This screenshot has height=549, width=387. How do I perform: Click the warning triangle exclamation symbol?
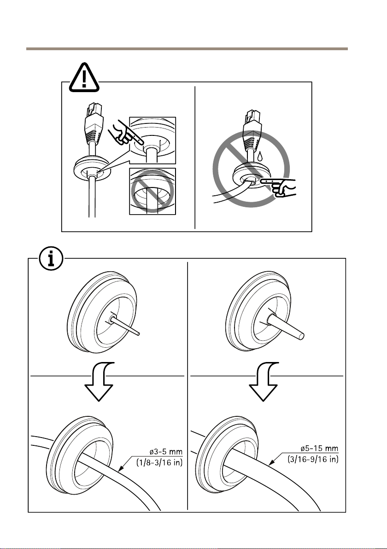point(84,78)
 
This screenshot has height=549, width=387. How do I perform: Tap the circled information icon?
point(51,259)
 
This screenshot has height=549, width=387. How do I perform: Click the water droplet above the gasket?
point(260,157)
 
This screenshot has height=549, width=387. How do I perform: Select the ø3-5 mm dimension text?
point(164,452)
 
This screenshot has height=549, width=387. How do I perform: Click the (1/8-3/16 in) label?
point(160,462)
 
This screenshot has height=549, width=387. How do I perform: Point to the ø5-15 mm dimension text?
point(319,449)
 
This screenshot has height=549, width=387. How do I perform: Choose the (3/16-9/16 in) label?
point(313,459)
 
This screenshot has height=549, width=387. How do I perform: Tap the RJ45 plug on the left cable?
point(93,122)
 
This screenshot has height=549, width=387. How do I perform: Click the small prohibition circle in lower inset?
point(152,191)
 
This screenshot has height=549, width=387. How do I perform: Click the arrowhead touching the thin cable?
point(121,468)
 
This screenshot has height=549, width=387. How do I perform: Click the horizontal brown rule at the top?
point(187,49)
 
